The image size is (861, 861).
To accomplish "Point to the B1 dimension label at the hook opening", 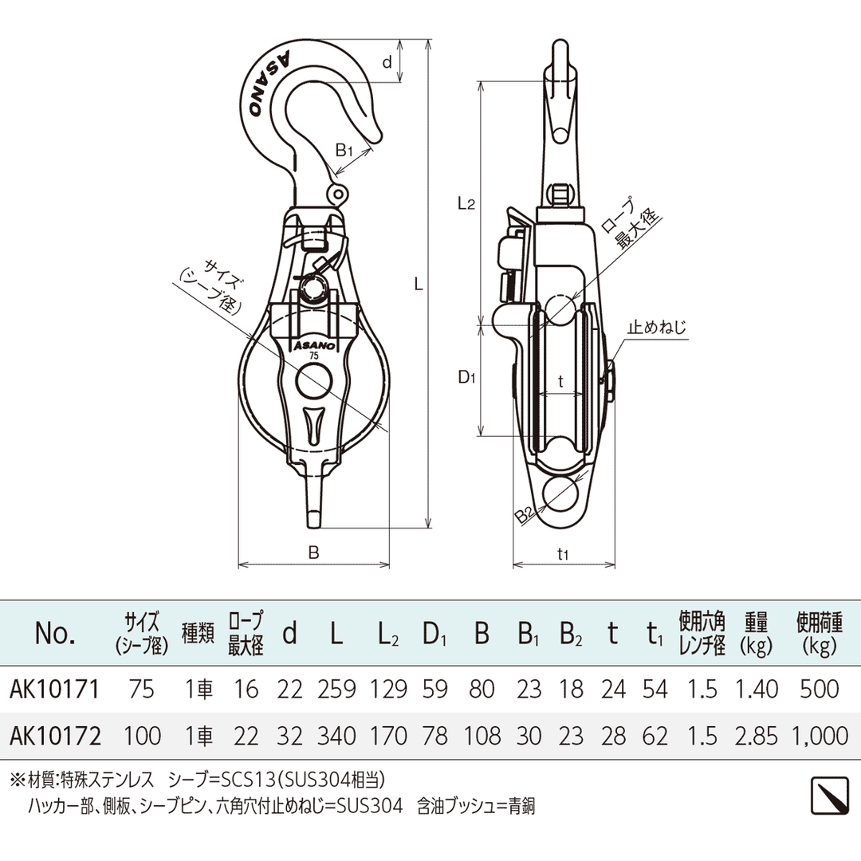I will point(344,149).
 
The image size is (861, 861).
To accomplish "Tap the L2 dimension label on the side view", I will point(466,203).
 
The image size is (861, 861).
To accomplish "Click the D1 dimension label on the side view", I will point(466,379).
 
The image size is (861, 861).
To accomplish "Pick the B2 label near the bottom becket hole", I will point(524,516).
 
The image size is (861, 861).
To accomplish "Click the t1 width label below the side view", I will point(563,552).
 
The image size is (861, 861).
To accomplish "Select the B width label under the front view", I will point(313,552).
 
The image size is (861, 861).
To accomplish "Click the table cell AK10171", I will point(55,689).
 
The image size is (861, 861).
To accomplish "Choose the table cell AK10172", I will point(56,734).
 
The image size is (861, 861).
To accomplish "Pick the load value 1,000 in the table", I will point(820,734).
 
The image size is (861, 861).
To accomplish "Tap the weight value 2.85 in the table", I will point(756,734).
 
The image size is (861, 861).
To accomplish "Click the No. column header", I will point(55,633).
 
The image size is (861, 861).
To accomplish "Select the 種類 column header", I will point(198,633).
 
